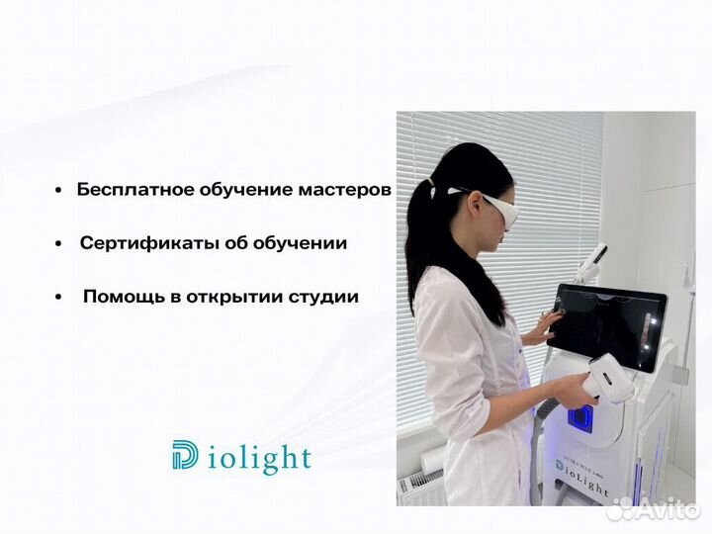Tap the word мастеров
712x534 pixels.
coord(341,190)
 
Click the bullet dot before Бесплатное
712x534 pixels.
coord(61,190)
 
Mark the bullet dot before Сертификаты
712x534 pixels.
coord(61,243)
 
